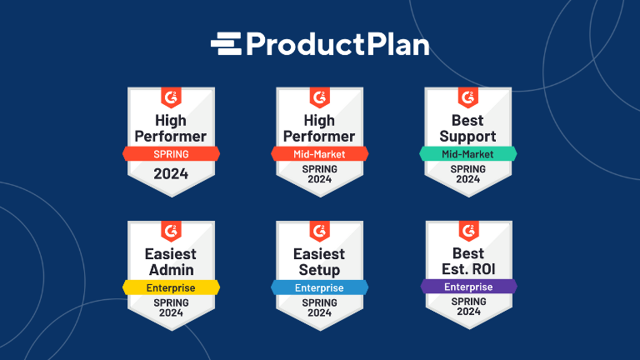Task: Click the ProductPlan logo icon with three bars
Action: [x=225, y=42]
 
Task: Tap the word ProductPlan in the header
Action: [x=337, y=43]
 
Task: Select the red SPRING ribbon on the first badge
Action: [x=171, y=154]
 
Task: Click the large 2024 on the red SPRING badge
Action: [x=171, y=174]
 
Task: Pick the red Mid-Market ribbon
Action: [x=319, y=154]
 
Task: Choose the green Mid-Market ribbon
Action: [x=467, y=154]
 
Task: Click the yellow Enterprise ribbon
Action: [x=171, y=287]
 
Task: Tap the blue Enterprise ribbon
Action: [x=319, y=287]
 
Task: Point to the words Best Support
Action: [x=467, y=128]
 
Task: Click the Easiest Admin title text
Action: [x=171, y=262]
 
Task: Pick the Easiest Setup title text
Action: [x=319, y=262]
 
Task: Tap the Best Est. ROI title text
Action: [x=467, y=262]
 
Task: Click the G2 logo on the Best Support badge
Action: [x=467, y=97]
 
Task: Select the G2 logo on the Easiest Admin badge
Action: [x=171, y=231]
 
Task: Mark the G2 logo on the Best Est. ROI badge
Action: [x=467, y=231]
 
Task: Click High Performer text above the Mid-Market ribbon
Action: [x=319, y=128]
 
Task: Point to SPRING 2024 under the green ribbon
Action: [x=467, y=173]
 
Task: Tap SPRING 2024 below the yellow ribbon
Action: [x=171, y=307]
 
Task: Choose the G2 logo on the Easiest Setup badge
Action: [x=319, y=231]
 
